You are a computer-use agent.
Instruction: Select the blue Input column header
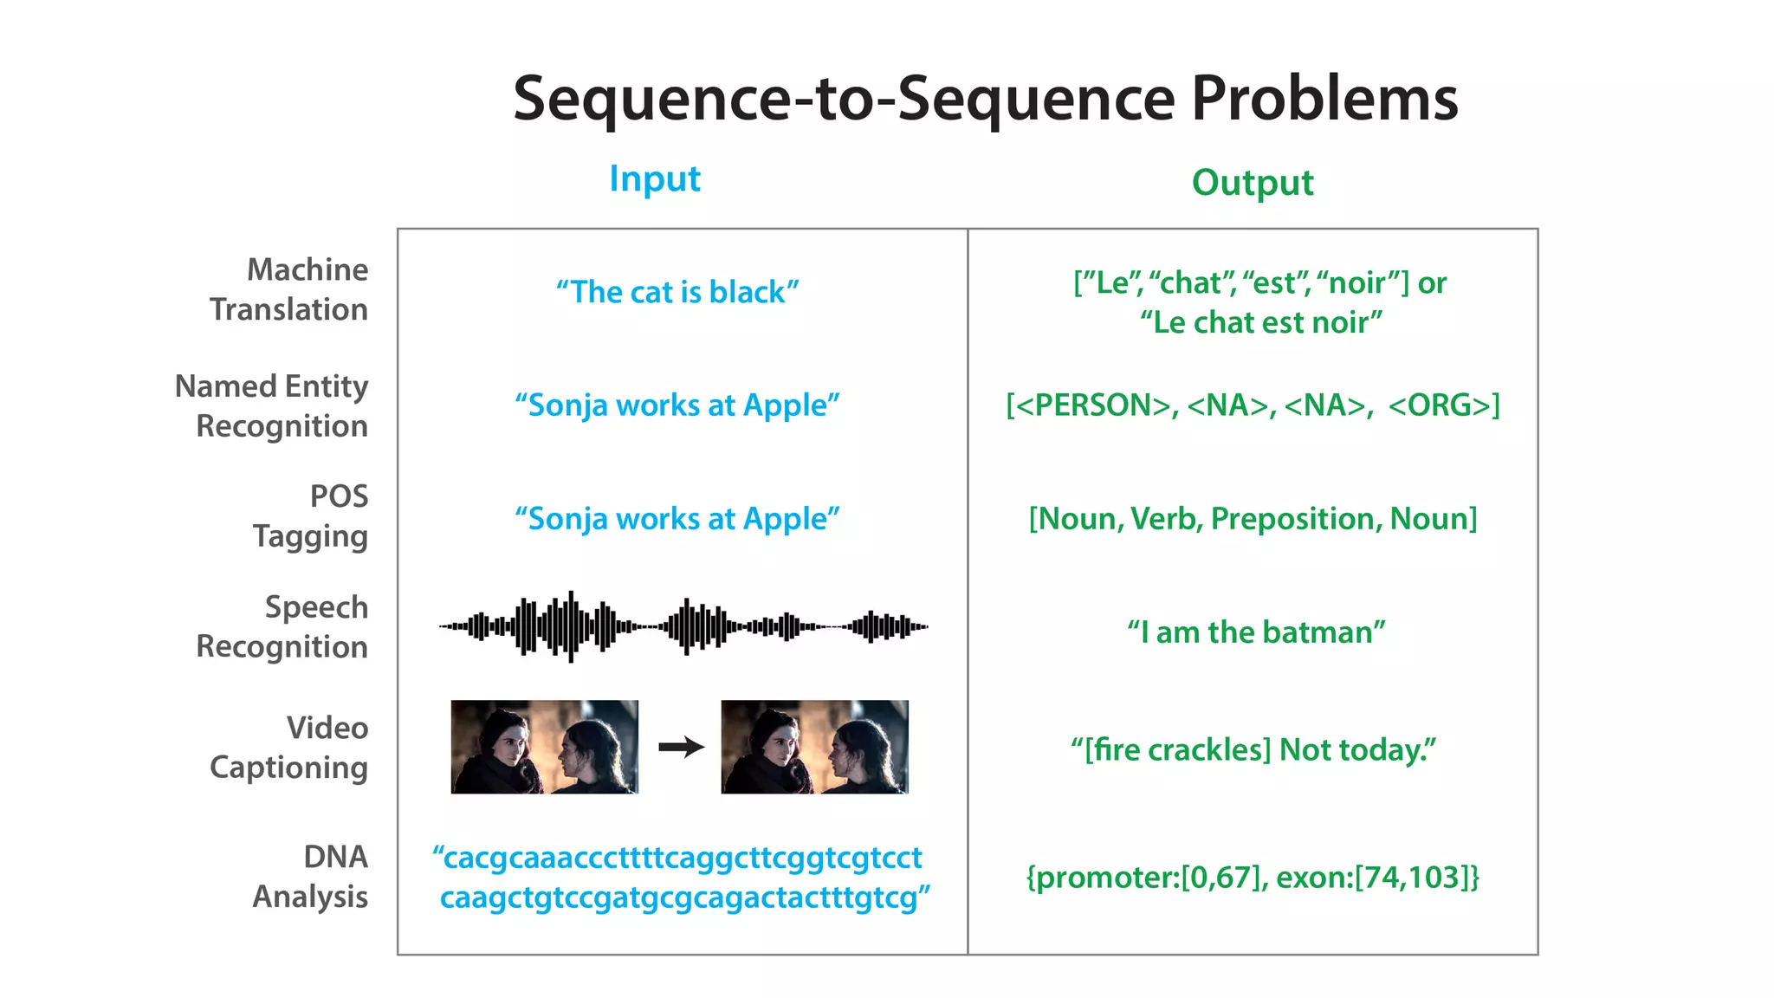click(654, 178)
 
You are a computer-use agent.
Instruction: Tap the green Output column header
click(1252, 182)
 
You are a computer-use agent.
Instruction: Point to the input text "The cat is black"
click(677, 292)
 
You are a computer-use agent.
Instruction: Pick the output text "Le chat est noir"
click(1260, 322)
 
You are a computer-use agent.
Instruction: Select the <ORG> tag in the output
click(1444, 405)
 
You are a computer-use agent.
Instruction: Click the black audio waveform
click(683, 625)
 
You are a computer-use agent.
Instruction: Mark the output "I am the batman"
click(1255, 632)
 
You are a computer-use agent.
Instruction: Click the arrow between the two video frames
click(681, 747)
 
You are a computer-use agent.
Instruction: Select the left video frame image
click(544, 747)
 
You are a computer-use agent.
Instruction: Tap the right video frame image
click(814, 747)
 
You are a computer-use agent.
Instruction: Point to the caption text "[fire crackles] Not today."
click(1253, 749)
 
